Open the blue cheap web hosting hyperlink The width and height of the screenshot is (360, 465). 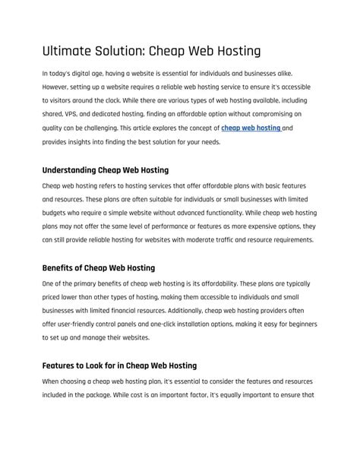251,128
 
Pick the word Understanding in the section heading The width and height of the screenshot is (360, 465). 71,170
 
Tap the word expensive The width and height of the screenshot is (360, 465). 255,226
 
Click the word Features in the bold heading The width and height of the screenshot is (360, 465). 60,365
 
